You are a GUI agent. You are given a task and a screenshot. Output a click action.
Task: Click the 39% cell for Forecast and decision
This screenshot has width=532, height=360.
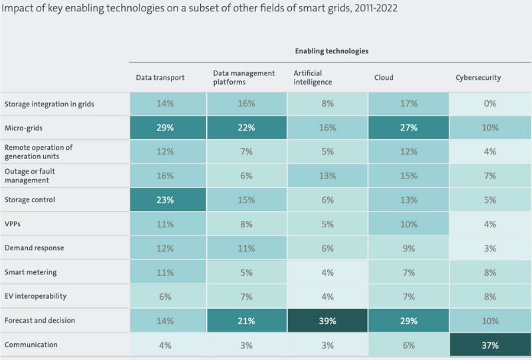click(x=327, y=321)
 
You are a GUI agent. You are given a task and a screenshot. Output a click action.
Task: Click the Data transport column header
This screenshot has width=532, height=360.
click(x=160, y=78)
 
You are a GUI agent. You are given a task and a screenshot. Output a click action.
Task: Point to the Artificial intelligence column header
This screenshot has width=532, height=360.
click(x=313, y=78)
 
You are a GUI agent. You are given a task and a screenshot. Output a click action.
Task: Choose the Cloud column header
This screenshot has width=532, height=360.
click(x=384, y=78)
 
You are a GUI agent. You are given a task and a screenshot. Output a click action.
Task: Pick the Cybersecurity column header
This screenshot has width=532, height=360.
click(x=478, y=78)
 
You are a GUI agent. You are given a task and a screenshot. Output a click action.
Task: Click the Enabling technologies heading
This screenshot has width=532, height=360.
click(x=331, y=51)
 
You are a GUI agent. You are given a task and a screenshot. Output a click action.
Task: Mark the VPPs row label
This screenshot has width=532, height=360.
click(x=14, y=224)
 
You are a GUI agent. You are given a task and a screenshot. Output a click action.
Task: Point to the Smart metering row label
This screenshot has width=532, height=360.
click(x=31, y=272)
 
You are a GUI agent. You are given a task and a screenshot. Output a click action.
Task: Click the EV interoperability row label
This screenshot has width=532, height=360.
click(x=35, y=296)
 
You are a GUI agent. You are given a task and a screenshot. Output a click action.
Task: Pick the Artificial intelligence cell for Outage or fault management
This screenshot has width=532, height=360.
click(x=327, y=176)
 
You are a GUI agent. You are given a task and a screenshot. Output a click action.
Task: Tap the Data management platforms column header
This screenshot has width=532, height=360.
click(x=244, y=78)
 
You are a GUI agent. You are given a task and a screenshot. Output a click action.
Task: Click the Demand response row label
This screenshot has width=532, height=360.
click(x=34, y=248)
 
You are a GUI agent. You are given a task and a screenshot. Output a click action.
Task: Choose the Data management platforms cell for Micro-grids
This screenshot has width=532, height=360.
click(x=246, y=127)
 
